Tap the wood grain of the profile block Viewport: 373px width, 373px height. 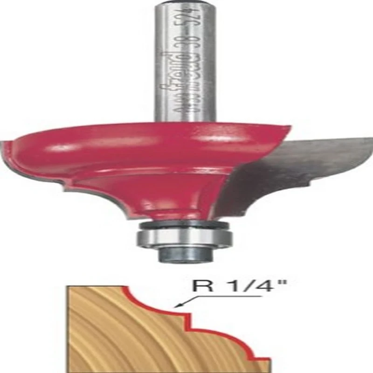[x=117, y=336]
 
